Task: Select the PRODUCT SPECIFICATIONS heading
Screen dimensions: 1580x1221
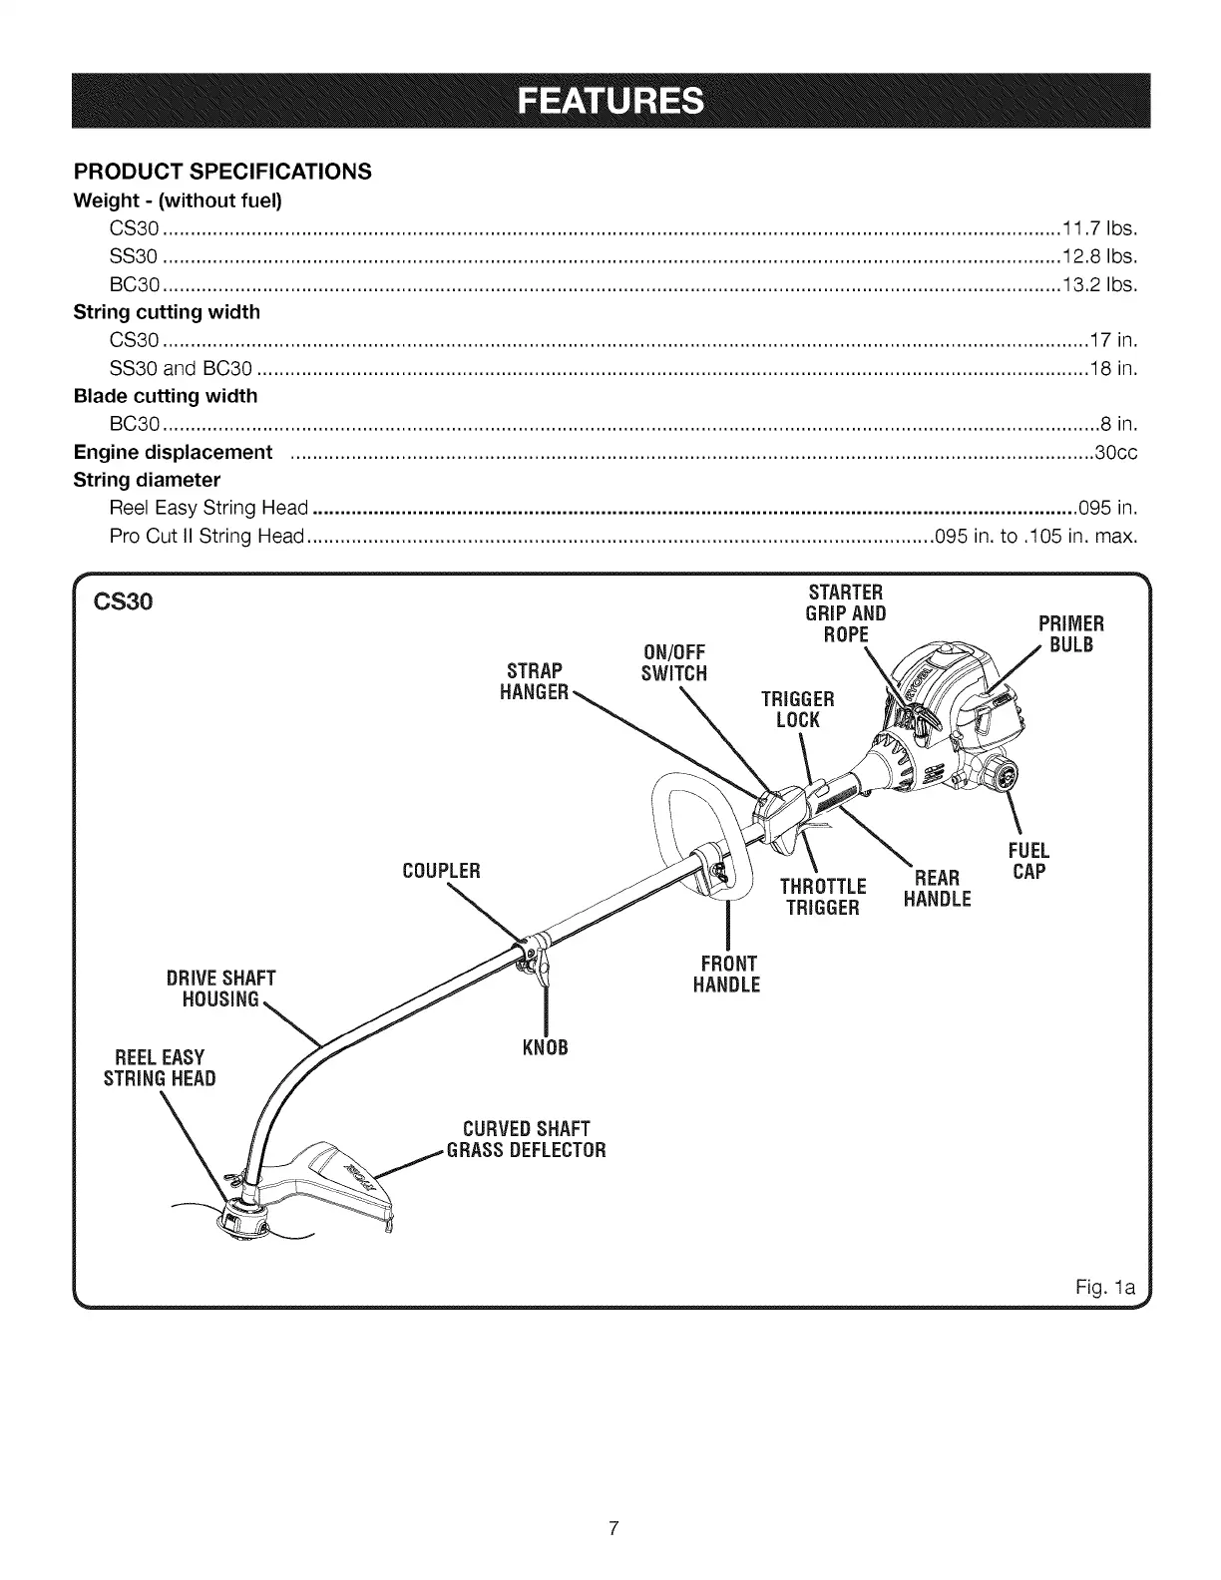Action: [x=222, y=172]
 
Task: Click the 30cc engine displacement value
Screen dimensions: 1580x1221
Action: [x=1116, y=453]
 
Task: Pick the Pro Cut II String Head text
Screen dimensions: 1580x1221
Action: [x=205, y=537]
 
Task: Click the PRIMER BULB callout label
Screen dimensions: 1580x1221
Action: [x=1069, y=634]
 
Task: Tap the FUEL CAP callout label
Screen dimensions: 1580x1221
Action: [x=1028, y=862]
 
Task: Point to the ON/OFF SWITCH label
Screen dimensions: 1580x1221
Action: [x=673, y=663]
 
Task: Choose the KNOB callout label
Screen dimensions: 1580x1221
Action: [x=545, y=1048]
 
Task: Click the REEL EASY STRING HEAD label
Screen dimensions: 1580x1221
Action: [x=160, y=1067]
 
